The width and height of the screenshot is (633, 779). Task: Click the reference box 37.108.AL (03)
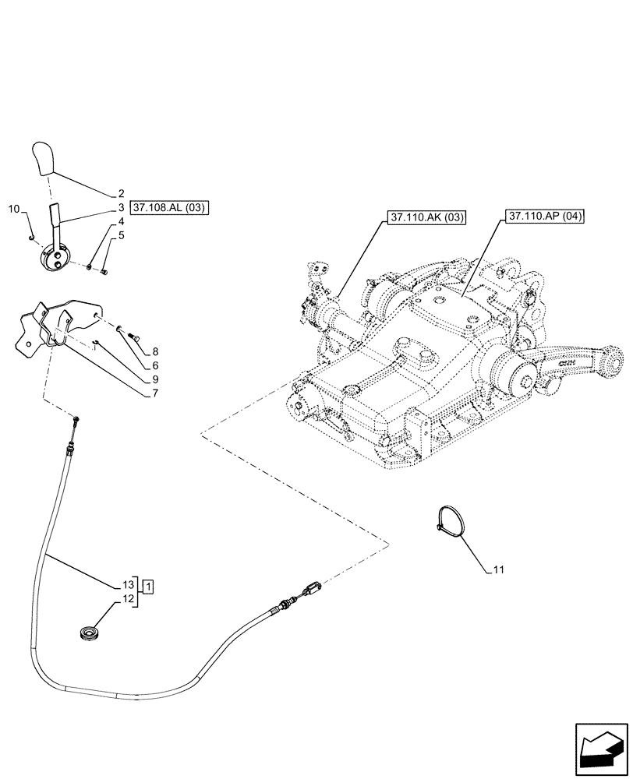click(171, 208)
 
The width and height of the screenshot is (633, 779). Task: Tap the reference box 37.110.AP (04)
click(544, 216)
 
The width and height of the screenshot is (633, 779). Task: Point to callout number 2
click(122, 192)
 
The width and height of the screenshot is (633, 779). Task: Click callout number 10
click(13, 209)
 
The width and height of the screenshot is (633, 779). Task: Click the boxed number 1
click(149, 585)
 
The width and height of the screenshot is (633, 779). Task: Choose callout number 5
click(122, 234)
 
